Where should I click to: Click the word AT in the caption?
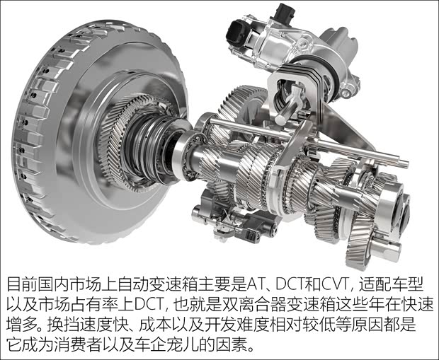tap(255, 284)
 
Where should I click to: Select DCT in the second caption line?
tap(149, 304)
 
